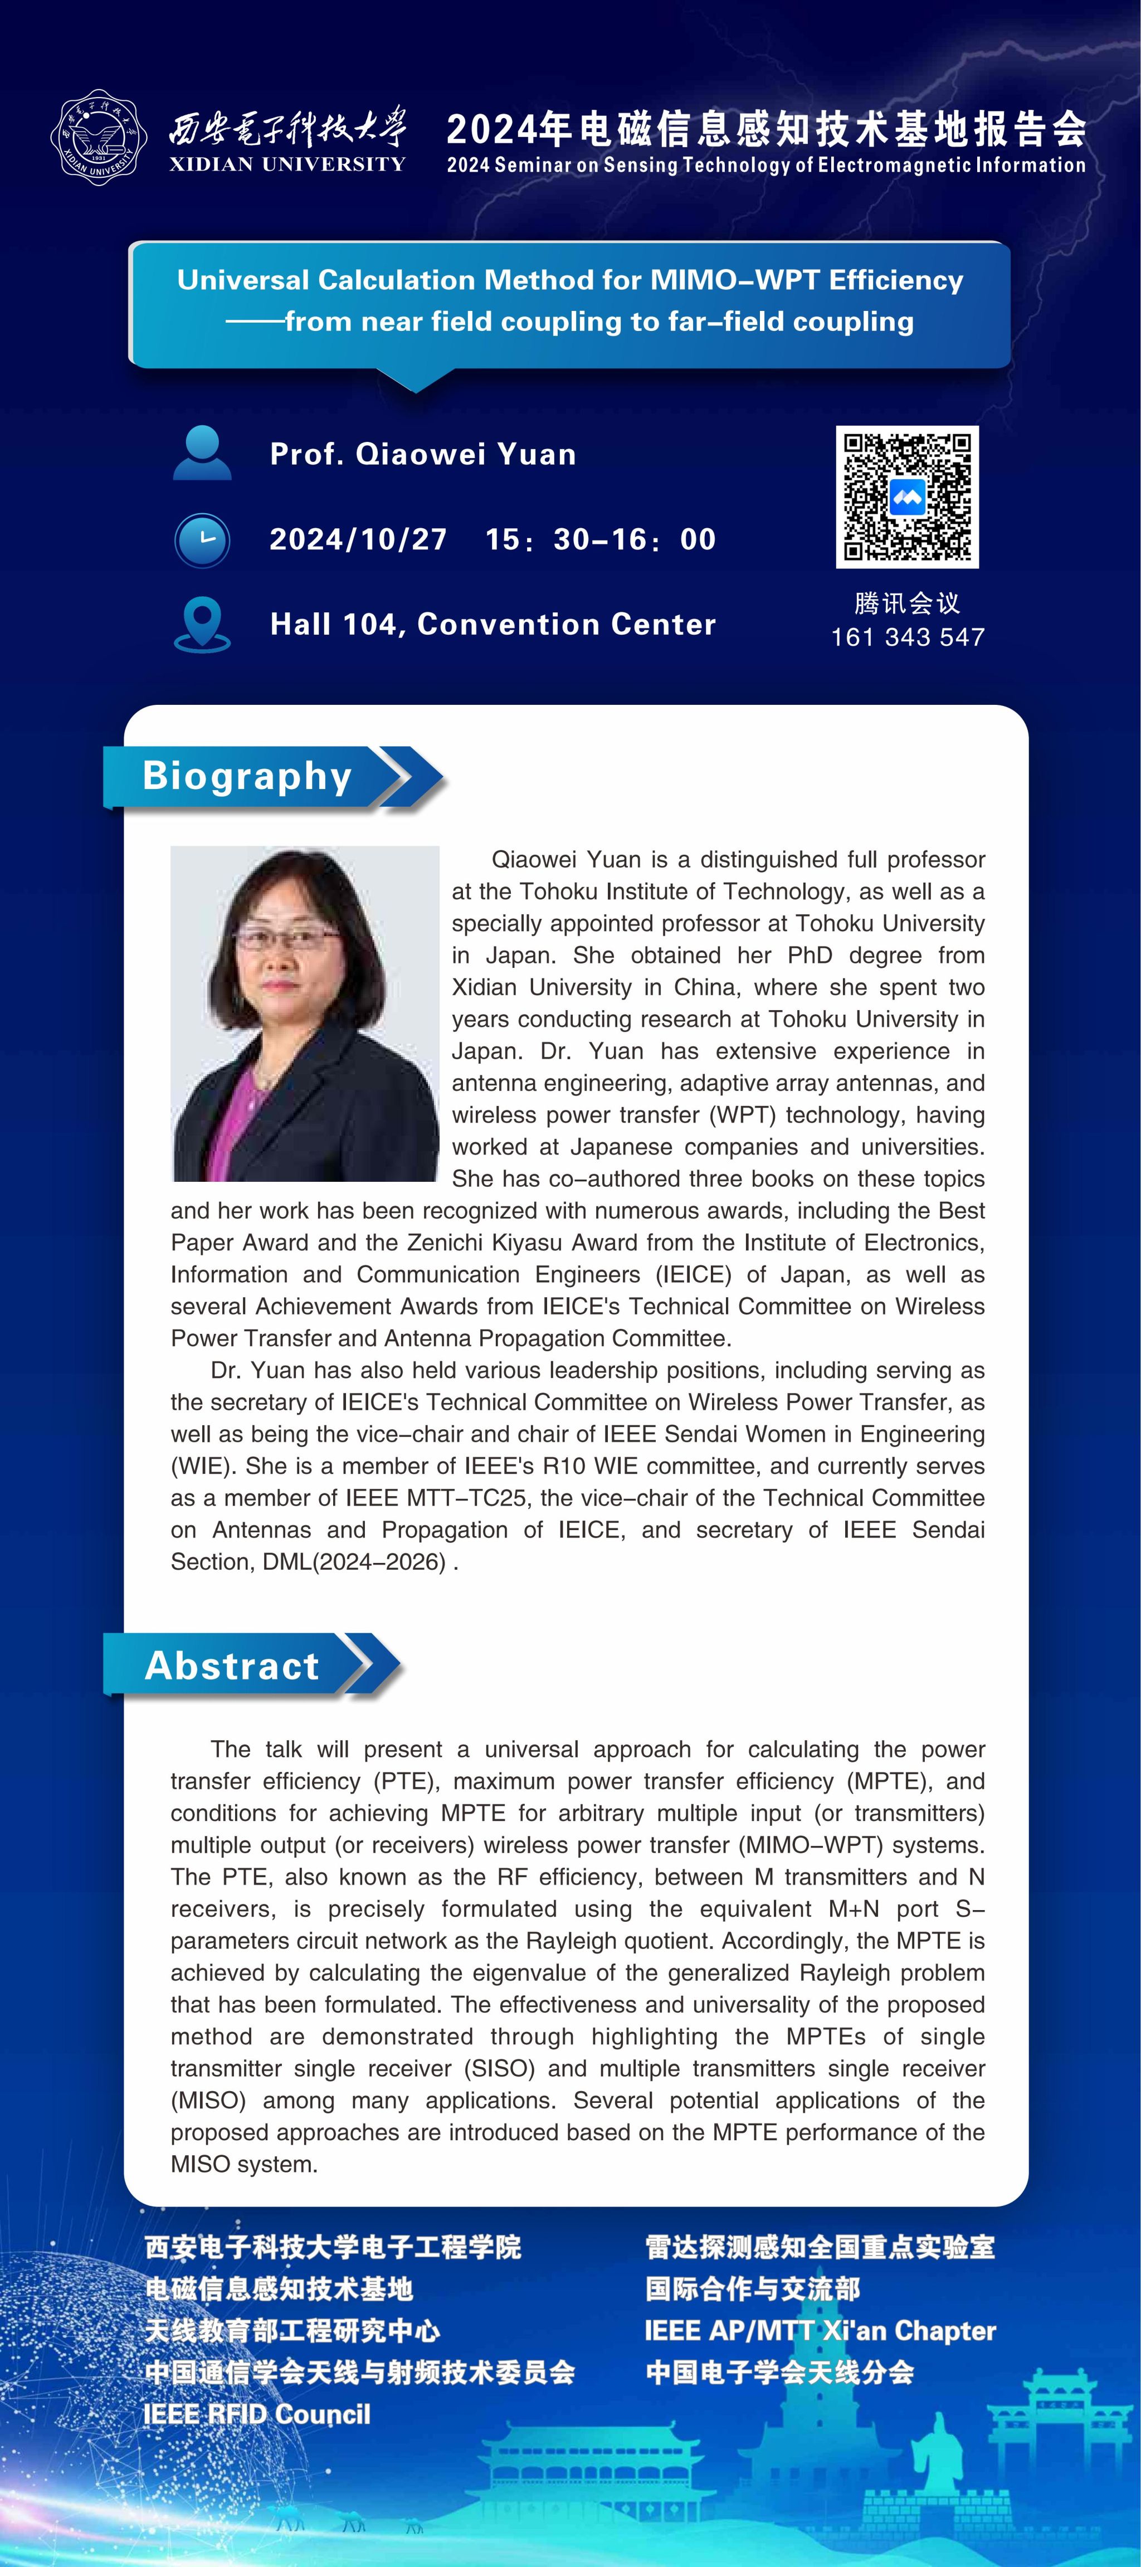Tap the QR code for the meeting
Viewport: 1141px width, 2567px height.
[x=907, y=496]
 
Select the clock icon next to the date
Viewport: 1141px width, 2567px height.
[x=202, y=540]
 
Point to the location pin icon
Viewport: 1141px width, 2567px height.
[x=202, y=624]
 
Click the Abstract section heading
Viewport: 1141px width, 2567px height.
[x=232, y=1665]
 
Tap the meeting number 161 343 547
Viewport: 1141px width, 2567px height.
[x=908, y=637]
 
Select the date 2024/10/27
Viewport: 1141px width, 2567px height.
[x=358, y=539]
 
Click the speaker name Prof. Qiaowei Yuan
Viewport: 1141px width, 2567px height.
[x=422, y=455]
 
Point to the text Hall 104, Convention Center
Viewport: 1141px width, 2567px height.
[x=493, y=625]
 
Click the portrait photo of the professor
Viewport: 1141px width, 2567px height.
[x=305, y=1014]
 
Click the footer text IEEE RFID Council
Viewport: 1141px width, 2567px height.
[x=257, y=2414]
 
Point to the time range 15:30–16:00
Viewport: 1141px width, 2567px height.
[x=600, y=539]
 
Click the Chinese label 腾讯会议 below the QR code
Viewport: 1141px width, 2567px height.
[x=907, y=603]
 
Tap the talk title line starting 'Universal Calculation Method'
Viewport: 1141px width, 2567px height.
[x=570, y=280]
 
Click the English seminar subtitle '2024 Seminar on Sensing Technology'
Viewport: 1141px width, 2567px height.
[x=765, y=165]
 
